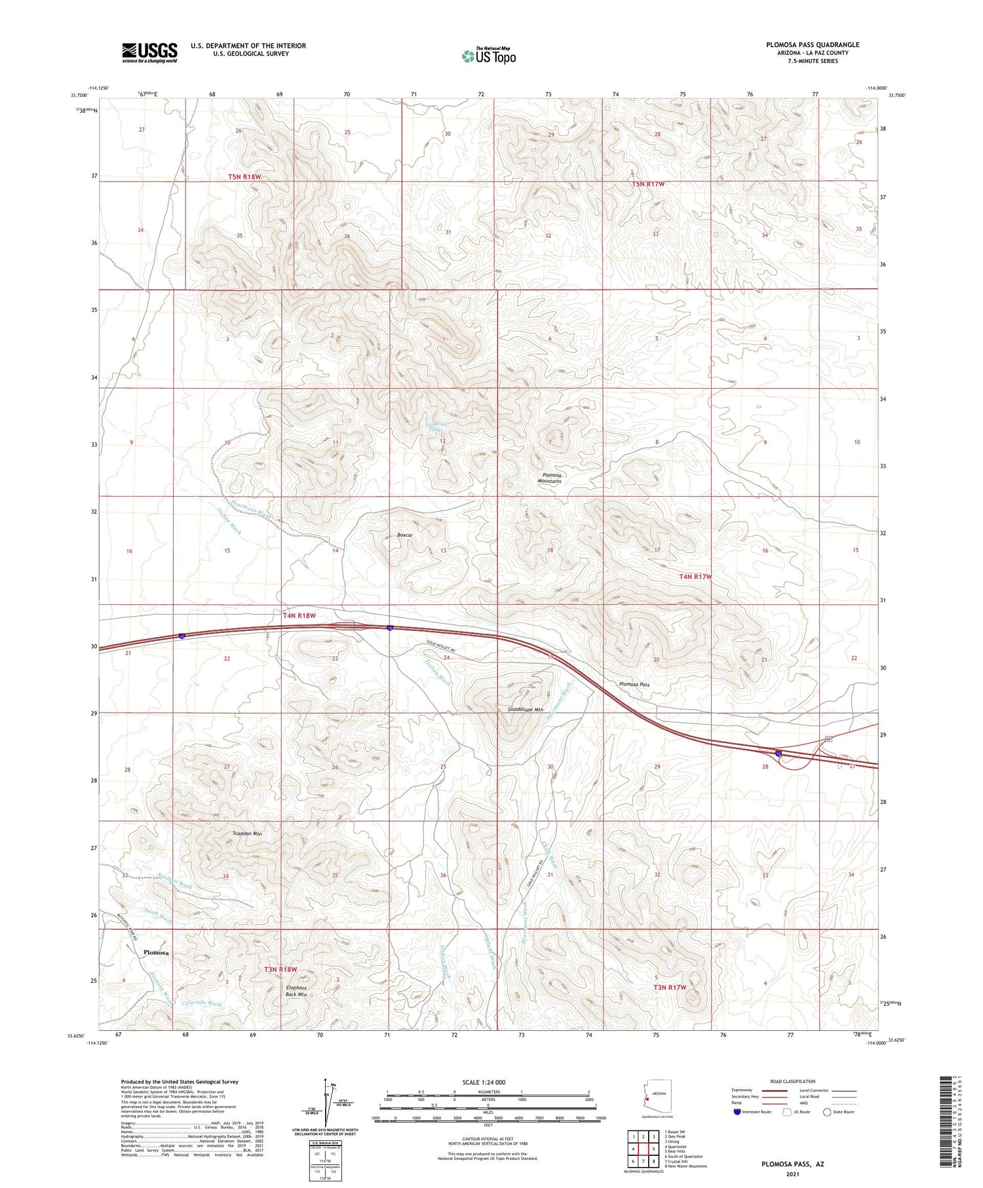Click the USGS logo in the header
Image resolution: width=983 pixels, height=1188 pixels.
[x=149, y=52]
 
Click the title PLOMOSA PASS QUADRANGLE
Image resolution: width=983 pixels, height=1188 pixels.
[x=813, y=45]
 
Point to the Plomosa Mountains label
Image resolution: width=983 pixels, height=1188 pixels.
[x=549, y=478]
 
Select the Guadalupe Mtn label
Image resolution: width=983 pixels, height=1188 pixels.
[x=526, y=709]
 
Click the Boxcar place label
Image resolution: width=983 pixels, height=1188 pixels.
[x=405, y=535]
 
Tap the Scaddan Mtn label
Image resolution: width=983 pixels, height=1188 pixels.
[x=247, y=834]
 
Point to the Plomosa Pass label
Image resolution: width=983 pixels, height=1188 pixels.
[x=634, y=684]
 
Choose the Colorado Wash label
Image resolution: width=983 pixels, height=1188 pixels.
[x=202, y=1003]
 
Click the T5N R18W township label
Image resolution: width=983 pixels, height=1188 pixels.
[x=244, y=177]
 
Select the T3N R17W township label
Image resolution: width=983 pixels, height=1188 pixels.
[x=669, y=987]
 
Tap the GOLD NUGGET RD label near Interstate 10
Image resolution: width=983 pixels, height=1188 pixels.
[x=440, y=644]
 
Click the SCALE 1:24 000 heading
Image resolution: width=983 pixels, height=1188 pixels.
[x=484, y=1082]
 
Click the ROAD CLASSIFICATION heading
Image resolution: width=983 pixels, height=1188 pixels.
[x=792, y=1081]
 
